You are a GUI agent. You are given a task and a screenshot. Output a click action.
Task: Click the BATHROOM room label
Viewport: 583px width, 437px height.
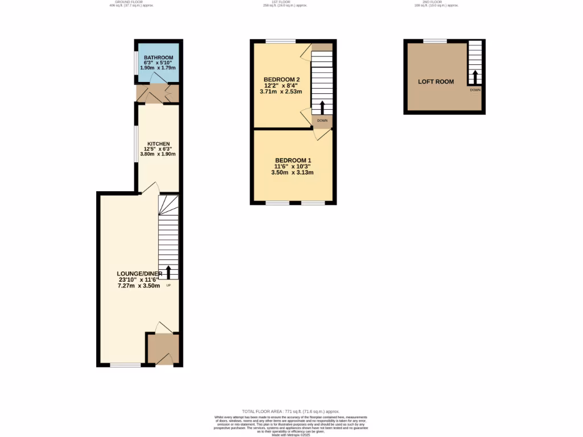(158, 57)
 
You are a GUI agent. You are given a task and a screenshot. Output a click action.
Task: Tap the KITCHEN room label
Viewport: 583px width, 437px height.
(158, 143)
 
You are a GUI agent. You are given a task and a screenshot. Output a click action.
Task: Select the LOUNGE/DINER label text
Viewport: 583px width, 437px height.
(139, 274)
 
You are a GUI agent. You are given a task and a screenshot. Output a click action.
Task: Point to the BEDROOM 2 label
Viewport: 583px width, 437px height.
(281, 79)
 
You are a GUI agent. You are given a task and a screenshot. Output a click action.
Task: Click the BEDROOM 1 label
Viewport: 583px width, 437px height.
(293, 160)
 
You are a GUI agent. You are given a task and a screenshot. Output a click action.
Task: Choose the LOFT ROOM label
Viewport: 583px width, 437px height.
(436, 82)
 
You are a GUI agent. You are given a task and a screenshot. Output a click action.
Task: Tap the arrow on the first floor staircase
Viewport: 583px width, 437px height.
(322, 107)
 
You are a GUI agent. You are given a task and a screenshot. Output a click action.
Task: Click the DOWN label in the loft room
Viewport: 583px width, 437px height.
(475, 90)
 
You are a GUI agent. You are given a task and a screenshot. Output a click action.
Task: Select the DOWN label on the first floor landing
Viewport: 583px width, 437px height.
(322, 121)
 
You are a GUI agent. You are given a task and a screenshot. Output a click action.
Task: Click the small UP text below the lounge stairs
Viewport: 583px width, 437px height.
(168, 285)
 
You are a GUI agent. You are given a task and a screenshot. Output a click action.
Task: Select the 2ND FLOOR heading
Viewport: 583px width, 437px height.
(436, 2)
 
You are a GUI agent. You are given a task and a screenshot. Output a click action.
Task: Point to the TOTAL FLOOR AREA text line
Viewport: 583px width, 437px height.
(290, 411)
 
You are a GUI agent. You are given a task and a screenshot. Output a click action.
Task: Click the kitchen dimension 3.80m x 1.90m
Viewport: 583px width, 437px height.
(158, 154)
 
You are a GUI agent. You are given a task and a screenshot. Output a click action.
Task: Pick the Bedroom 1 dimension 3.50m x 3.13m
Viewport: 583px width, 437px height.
(293, 172)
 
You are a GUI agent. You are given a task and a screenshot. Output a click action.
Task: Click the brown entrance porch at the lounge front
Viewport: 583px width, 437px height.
(163, 348)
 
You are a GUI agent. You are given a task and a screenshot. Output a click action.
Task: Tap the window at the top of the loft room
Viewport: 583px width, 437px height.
(435, 40)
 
